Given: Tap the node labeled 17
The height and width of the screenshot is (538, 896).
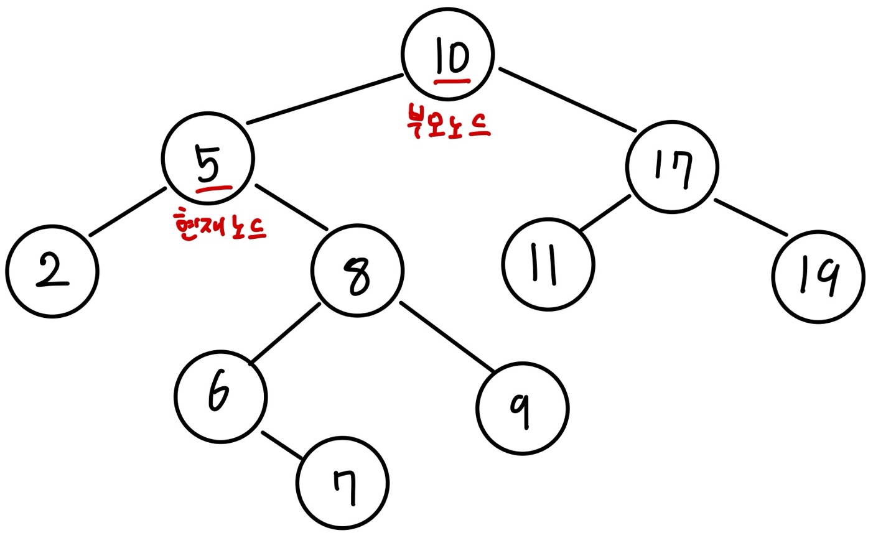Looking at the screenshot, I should (x=672, y=167).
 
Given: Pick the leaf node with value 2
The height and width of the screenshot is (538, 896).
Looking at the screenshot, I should (x=52, y=272).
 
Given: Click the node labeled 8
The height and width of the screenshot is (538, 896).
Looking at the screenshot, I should (x=357, y=271).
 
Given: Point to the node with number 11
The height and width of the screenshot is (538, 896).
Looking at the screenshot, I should (x=548, y=264).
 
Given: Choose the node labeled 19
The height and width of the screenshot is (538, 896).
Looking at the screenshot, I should (x=818, y=277).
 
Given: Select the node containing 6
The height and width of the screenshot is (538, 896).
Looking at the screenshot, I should (x=221, y=396).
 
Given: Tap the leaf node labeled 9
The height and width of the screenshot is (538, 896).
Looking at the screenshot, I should (x=523, y=409).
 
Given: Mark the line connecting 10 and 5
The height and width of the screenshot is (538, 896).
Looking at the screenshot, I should (x=324, y=100).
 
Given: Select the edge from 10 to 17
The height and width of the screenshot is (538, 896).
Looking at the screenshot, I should (x=566, y=100).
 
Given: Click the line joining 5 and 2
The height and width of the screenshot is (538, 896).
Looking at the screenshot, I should (x=128, y=211).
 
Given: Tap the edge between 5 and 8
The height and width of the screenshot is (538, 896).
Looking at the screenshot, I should (x=291, y=207).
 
